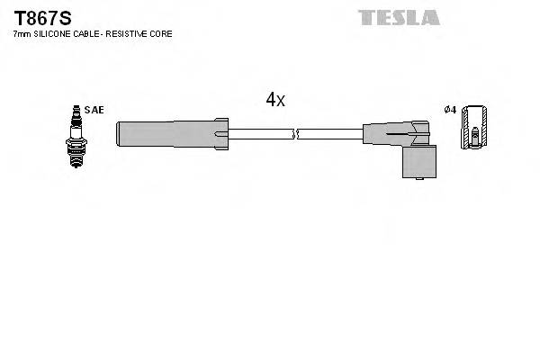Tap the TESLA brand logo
(x=398, y=17)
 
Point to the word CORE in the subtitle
(x=162, y=33)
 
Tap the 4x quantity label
(x=275, y=100)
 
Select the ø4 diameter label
(x=451, y=110)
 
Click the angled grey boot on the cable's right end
(x=396, y=135)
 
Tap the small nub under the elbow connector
(x=420, y=179)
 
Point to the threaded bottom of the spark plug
(x=76, y=155)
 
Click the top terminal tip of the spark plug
(x=76, y=109)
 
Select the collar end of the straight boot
(x=220, y=133)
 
